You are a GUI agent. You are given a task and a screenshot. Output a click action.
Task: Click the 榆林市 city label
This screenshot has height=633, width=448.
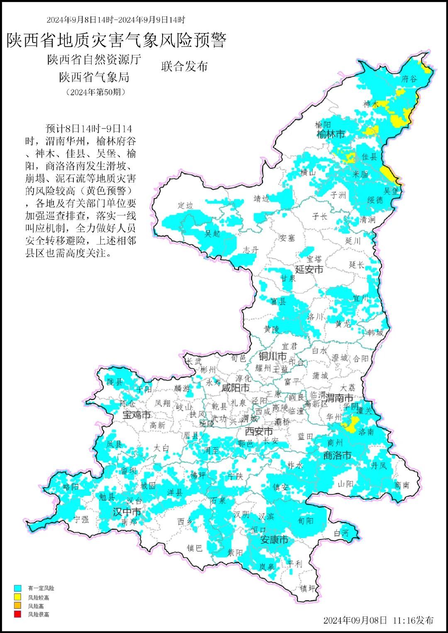click(x=330, y=134)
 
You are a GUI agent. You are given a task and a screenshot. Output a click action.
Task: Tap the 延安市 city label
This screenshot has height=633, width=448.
click(x=309, y=269)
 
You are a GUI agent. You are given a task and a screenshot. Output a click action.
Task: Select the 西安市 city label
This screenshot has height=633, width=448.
click(x=259, y=432)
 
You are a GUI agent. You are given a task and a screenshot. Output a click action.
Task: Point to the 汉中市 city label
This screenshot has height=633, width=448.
click(x=127, y=512)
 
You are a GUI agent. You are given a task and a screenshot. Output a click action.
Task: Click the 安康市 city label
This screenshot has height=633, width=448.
click(x=274, y=540)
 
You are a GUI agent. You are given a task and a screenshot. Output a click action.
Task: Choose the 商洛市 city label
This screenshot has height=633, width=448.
click(x=337, y=456)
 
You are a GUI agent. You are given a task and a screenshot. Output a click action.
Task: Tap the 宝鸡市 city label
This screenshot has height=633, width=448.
click(x=136, y=415)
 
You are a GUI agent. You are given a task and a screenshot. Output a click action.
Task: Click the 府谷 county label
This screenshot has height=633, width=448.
click(x=409, y=79)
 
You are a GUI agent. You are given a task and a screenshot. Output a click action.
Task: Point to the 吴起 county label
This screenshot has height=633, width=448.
click(x=212, y=234)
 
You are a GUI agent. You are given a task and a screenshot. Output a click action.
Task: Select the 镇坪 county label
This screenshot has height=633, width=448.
click(x=308, y=588)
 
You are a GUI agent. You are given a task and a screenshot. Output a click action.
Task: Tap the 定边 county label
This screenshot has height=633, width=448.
click(x=185, y=205)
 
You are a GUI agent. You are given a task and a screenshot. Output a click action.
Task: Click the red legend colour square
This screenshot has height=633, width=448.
click(x=17, y=614)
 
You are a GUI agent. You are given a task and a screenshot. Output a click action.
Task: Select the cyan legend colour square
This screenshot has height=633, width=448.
click(x=17, y=588)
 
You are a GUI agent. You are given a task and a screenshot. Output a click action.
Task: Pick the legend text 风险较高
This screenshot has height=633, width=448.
click(x=39, y=597)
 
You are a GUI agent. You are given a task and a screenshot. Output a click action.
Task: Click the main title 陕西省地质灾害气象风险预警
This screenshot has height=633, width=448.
click(x=117, y=41)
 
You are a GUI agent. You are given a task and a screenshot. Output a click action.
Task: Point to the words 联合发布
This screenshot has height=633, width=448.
click(x=184, y=66)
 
